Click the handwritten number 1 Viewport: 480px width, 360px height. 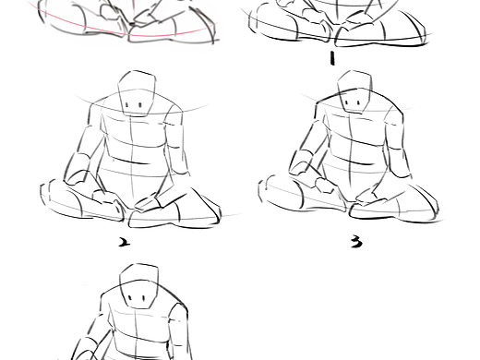[x=331, y=58]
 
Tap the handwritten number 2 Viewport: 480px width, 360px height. [x=125, y=243]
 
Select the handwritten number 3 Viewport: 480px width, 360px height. [x=356, y=243]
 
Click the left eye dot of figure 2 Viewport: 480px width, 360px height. [x=127, y=105]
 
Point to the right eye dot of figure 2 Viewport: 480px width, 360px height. [x=140, y=105]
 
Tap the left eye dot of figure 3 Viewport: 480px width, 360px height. [x=347, y=102]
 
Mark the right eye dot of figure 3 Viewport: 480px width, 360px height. [x=358, y=102]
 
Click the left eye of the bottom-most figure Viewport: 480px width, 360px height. [x=130, y=298]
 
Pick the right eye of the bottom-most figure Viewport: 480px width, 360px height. [x=144, y=298]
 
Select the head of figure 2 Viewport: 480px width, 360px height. [x=137, y=93]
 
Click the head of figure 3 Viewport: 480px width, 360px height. [x=354, y=91]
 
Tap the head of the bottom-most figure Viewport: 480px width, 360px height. [x=138, y=286]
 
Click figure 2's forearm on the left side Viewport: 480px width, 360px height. [x=77, y=169]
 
